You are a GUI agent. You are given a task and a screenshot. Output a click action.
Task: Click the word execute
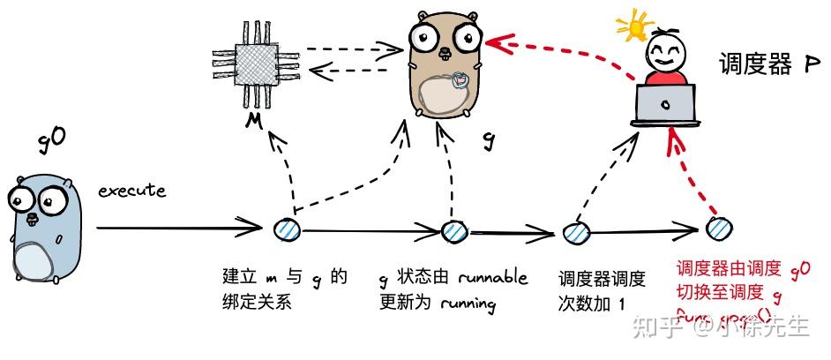[x=131, y=191]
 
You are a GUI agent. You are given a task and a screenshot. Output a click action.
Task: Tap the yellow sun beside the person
[x=634, y=26]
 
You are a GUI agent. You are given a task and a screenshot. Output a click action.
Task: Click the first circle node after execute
[x=288, y=229]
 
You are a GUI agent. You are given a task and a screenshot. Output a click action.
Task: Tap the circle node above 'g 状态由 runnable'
[x=453, y=231]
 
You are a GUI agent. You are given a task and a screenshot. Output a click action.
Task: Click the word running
[x=463, y=304]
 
